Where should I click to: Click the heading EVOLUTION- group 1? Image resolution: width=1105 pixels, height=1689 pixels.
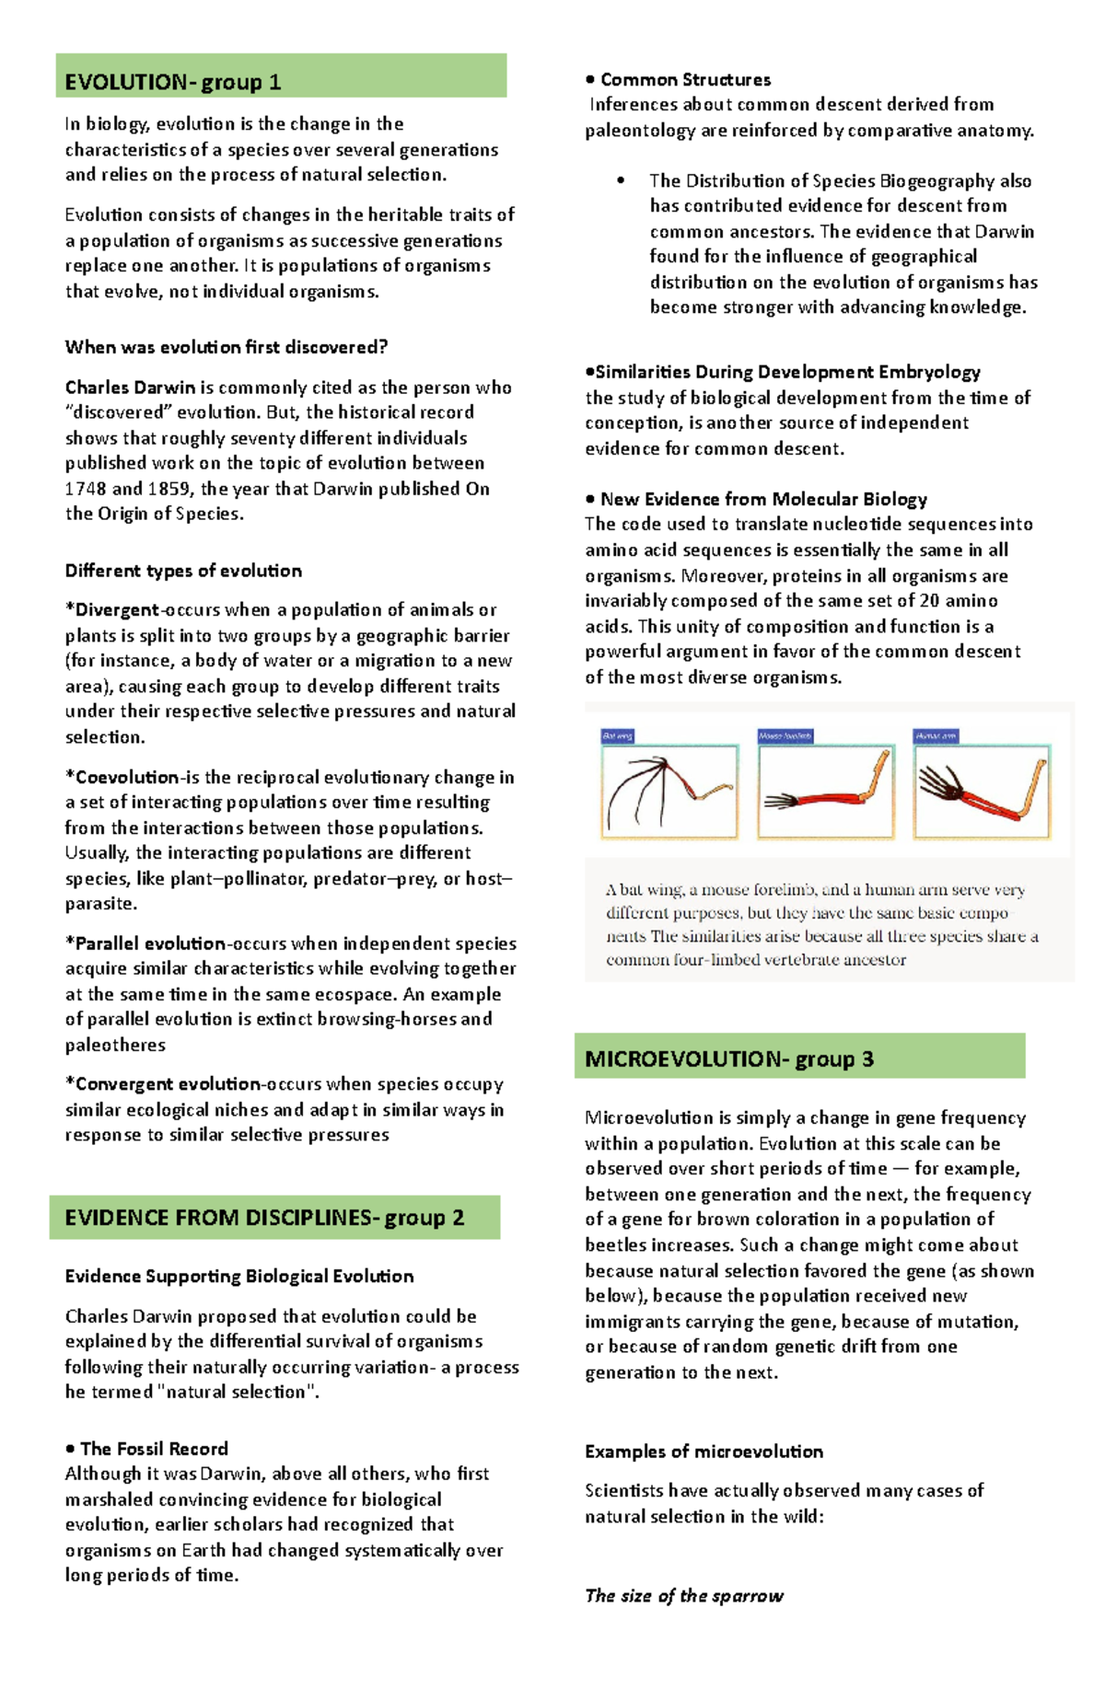(173, 82)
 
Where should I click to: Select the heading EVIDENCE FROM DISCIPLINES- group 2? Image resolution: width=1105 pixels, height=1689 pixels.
(264, 1218)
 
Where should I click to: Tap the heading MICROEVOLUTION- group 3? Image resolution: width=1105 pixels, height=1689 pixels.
(728, 1059)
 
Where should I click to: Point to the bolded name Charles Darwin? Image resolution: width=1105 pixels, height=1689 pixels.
(130, 388)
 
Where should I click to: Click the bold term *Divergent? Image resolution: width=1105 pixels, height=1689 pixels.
(112, 610)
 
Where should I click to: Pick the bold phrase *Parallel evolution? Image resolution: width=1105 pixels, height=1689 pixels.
(145, 943)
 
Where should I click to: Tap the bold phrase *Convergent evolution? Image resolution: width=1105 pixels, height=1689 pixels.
(162, 1084)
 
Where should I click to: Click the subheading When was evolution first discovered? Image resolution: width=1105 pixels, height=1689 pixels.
(226, 347)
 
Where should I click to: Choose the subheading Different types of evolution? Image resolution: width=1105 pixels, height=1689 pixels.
(183, 571)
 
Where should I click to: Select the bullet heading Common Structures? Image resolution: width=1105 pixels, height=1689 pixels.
(685, 80)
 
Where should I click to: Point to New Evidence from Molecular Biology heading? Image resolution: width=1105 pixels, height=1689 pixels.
(763, 500)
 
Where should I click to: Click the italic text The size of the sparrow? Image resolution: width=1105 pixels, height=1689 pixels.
(684, 1596)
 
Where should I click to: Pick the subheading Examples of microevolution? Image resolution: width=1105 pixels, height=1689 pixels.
(704, 1452)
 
